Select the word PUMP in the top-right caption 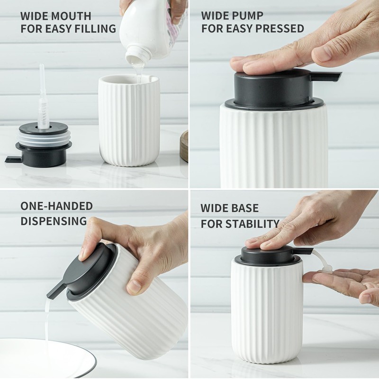(248, 15)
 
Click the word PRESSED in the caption (280, 28)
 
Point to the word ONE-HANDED (56, 206)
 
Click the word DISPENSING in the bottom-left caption (54, 221)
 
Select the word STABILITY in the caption (254, 223)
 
